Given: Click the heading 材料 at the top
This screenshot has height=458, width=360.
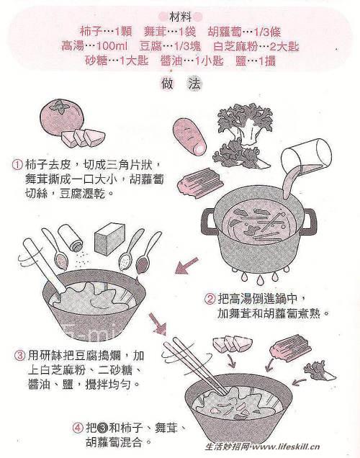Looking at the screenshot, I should pos(180,16).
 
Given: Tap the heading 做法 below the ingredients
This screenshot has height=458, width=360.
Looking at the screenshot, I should pos(180,84).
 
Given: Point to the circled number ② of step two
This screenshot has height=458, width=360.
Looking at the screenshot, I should pos(210,299).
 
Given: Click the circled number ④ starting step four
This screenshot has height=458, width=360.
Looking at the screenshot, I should pos(77,427).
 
